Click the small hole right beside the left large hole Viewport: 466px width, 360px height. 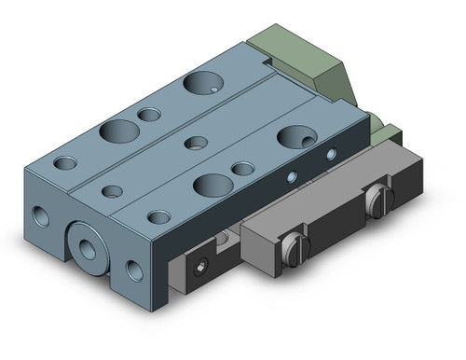pyautogui.click(x=149, y=115)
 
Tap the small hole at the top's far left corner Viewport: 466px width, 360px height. pyautogui.click(x=65, y=163)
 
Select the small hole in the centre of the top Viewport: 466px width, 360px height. pyautogui.click(x=197, y=143)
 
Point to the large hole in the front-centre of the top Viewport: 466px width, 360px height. pyautogui.click(x=211, y=184)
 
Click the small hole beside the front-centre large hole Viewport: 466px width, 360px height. pyautogui.click(x=243, y=169)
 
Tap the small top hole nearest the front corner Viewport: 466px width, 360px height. pyautogui.click(x=159, y=217)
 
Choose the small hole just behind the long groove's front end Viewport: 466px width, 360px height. pyautogui.click(x=112, y=191)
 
